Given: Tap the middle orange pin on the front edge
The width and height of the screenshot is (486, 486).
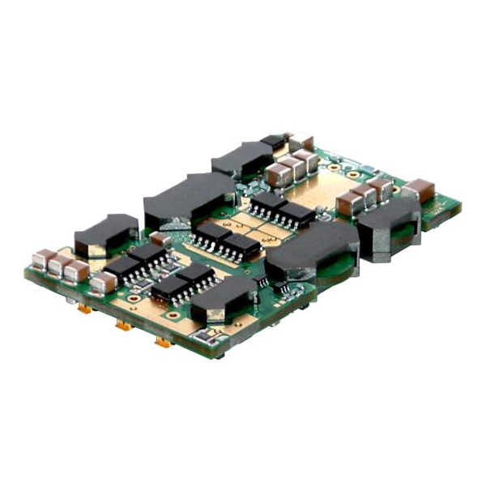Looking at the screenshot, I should (123, 325).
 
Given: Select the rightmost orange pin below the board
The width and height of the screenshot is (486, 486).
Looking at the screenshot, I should (163, 342).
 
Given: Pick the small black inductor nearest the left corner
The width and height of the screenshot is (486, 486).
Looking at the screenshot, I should (105, 233).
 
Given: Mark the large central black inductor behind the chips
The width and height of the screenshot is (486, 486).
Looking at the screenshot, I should (189, 199).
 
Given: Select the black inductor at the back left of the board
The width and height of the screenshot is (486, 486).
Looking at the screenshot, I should (242, 157).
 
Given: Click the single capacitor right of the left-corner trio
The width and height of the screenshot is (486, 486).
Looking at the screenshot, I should (104, 283).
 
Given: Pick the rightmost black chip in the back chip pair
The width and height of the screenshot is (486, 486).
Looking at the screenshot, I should (296, 214).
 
